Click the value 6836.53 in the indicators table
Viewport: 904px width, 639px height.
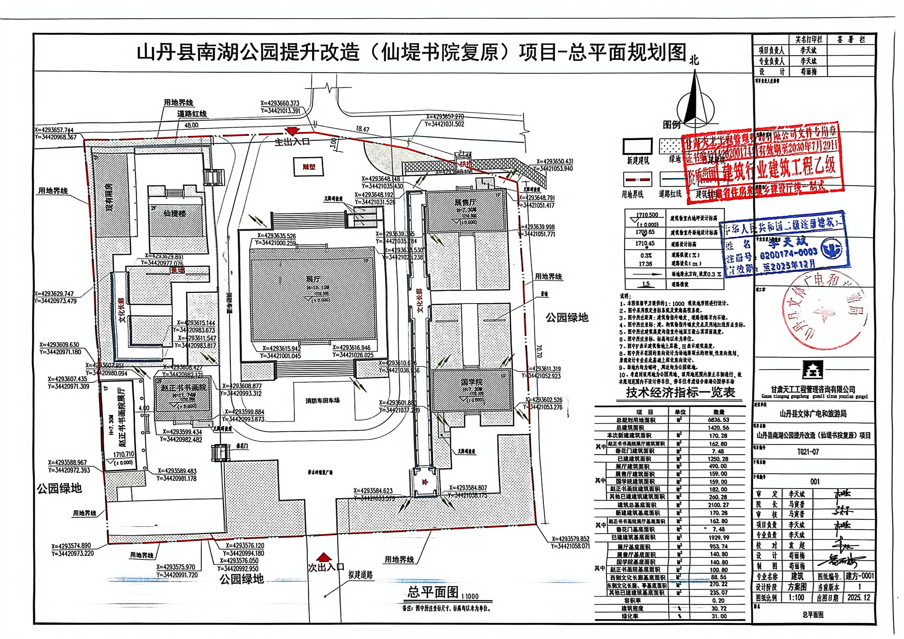(x=719, y=420)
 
